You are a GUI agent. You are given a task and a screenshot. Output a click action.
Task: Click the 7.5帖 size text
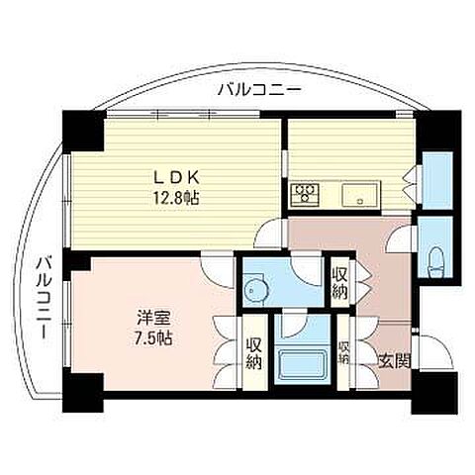tap(154, 338)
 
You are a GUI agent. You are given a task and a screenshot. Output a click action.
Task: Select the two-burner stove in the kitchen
tap(303, 194)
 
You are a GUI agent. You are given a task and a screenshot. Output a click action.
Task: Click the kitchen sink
tap(355, 194)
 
